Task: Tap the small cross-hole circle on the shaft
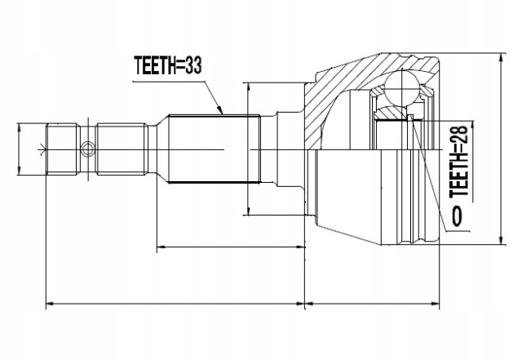coord(88,149)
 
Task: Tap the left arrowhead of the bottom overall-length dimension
coord(49,305)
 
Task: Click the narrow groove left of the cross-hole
coord(79,149)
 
